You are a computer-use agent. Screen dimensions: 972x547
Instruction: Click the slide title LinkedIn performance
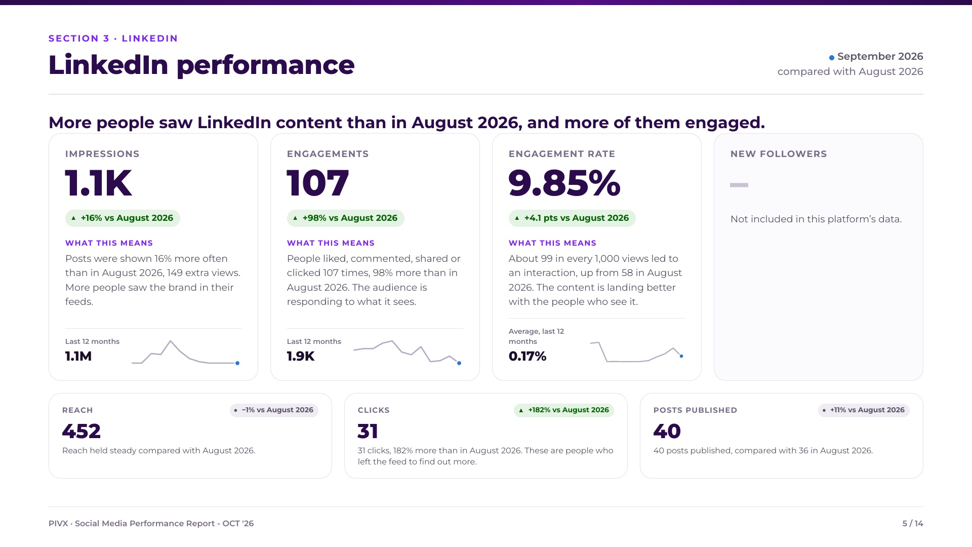pos(201,65)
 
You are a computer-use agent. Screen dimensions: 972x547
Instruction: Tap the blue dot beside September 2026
pos(831,58)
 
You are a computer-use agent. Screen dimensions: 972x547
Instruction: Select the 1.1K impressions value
pos(99,183)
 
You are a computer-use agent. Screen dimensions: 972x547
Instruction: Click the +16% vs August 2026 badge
pos(123,218)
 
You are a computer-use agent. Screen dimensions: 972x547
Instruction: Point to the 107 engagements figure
pos(318,183)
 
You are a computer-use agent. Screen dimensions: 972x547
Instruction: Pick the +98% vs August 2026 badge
pos(345,218)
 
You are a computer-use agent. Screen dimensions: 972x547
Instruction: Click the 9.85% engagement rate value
pos(564,183)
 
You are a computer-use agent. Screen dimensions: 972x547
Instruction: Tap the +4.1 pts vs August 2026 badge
pos(572,218)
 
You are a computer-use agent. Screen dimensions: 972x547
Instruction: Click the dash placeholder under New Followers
pos(739,185)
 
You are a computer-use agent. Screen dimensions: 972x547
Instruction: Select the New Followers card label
pos(779,154)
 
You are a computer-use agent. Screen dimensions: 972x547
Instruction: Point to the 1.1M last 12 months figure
pos(78,357)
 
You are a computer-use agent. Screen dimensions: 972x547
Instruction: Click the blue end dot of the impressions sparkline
pos(237,363)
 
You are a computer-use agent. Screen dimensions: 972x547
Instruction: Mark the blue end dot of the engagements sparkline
pos(459,363)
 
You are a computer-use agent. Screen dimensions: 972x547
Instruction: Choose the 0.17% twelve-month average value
pos(528,357)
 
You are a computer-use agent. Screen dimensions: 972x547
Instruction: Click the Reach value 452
pos(82,432)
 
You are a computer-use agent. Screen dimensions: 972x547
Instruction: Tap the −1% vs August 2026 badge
pos(274,410)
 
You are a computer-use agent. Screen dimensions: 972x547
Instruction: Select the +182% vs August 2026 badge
pos(564,410)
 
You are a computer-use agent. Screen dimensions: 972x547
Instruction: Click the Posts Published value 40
pos(667,432)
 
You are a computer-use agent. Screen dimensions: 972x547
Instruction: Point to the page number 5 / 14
pos(913,524)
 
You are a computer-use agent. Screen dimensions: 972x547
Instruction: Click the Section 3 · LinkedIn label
pos(113,38)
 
